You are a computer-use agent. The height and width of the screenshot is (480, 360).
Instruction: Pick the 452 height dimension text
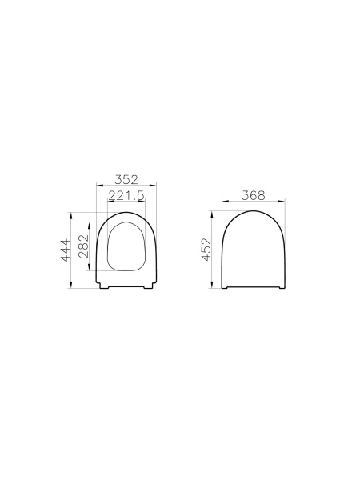(x=206, y=250)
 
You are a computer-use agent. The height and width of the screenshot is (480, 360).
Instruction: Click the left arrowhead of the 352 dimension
(x=97, y=186)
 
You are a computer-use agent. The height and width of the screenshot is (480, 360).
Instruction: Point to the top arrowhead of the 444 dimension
(x=73, y=214)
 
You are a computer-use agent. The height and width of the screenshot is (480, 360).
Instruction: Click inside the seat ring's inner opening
(x=126, y=245)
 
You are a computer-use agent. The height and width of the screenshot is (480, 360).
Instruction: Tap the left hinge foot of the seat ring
(x=105, y=288)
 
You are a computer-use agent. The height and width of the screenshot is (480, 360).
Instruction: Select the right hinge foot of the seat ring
(x=148, y=288)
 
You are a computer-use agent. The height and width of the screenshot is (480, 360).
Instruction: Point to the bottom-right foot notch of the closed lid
(x=280, y=288)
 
